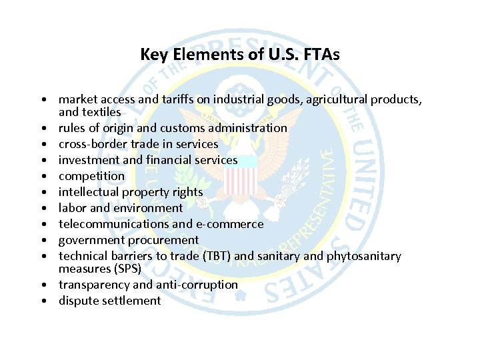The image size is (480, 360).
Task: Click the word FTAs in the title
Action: pos(322,55)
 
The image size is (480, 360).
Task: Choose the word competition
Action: pos(91,176)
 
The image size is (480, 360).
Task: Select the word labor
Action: pos(72,208)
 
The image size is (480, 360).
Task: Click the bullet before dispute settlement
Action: pos(42,301)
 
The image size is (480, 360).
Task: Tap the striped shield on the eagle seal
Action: pos(241,181)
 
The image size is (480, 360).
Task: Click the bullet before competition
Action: pos(42,176)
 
